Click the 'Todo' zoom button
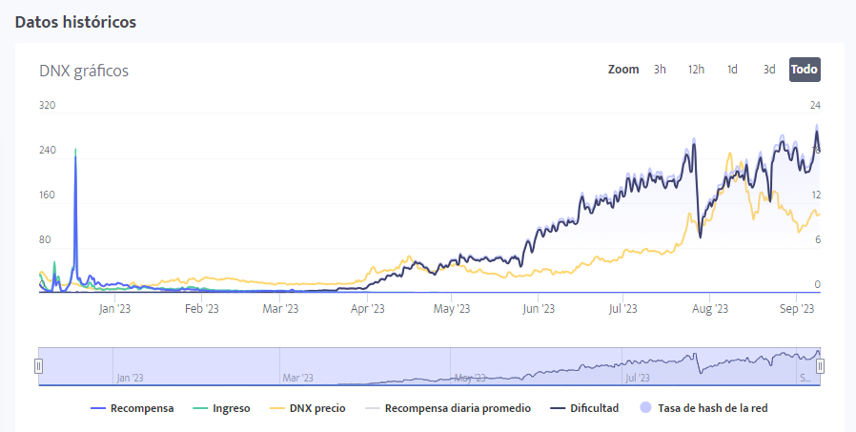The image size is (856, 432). point(805,70)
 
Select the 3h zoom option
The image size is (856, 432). point(660,70)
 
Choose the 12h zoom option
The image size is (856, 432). point(696,70)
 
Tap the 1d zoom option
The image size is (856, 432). point(732,70)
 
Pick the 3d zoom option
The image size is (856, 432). point(768,70)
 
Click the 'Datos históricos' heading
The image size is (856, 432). point(75,22)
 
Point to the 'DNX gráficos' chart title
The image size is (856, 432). point(84,71)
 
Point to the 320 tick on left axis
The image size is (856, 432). point(48,105)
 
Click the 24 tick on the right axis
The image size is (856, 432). point(815,105)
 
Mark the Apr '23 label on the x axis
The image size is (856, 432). point(367,308)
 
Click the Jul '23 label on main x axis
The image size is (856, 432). point(622,308)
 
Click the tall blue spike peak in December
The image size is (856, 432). point(75,150)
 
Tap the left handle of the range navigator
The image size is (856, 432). point(39,365)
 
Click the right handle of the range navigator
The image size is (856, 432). point(820,365)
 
